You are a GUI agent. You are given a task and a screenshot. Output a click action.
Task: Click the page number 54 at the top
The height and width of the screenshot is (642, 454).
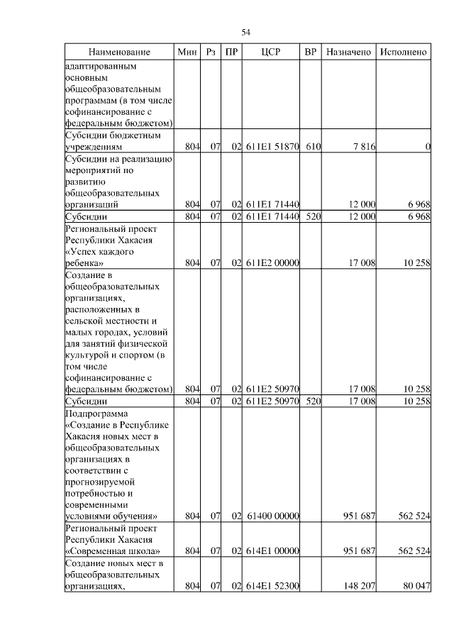pos(246,32)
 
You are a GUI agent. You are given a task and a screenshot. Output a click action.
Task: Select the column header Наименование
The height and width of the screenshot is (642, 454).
pos(120,52)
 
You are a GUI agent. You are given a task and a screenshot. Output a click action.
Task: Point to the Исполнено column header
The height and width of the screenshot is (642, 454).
pos(403,52)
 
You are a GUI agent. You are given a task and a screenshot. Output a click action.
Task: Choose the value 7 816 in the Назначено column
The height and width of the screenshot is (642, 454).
pos(363,147)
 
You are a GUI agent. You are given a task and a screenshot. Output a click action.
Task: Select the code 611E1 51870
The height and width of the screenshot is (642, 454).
pos(272,147)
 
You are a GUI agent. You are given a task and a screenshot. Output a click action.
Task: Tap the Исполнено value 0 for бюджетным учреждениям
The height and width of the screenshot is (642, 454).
pos(428,147)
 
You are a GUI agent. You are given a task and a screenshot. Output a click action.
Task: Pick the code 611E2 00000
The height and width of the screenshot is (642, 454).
pos(272,263)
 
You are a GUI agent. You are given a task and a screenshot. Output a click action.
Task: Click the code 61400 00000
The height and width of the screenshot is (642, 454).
pos(272,516)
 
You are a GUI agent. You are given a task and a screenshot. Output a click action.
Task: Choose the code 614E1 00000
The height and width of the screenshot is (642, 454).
pos(272,550)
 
